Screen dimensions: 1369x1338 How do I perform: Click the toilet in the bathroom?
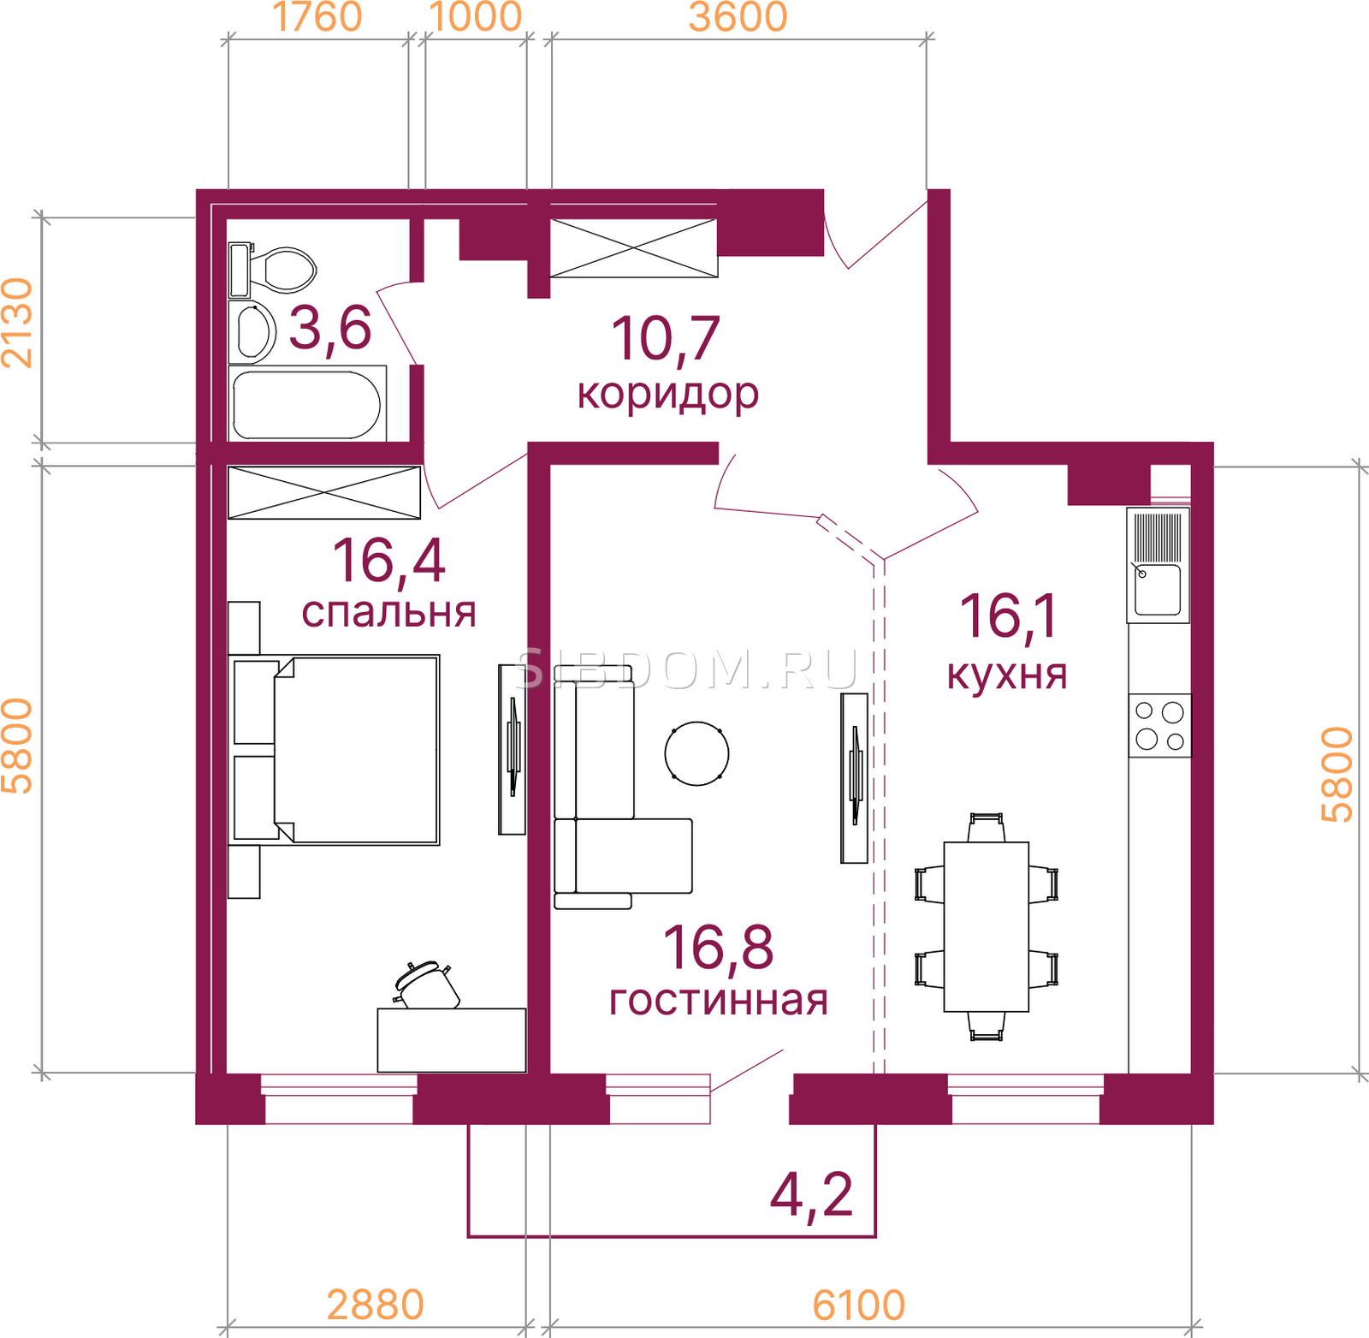point(273,270)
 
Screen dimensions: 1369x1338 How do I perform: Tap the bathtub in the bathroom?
point(307,403)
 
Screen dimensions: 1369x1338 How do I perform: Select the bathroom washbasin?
point(252,332)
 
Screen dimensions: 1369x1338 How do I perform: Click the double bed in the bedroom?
point(335,750)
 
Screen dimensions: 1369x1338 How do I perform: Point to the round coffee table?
point(697,753)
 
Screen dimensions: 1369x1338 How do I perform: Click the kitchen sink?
point(1158,565)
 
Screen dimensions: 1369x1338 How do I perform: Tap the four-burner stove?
point(1159,725)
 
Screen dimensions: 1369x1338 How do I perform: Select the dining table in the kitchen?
point(987,927)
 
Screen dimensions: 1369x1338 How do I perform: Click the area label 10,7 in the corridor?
point(666,339)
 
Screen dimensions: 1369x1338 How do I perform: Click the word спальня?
point(388,613)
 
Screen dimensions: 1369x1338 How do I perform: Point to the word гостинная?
point(719,1000)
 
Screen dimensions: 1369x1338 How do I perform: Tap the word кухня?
point(1007,675)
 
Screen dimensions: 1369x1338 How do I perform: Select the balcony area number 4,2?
point(812,1196)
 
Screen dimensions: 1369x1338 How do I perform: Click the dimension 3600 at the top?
point(738,17)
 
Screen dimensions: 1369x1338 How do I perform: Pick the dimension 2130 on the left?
point(17,323)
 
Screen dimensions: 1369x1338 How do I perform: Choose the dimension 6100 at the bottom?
point(858,1306)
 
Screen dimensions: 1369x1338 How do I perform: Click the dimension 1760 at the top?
point(317,17)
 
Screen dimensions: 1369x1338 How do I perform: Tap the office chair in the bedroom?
point(426,984)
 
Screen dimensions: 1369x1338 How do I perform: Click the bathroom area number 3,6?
point(330,328)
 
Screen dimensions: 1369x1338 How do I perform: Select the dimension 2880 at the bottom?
point(376,1306)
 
